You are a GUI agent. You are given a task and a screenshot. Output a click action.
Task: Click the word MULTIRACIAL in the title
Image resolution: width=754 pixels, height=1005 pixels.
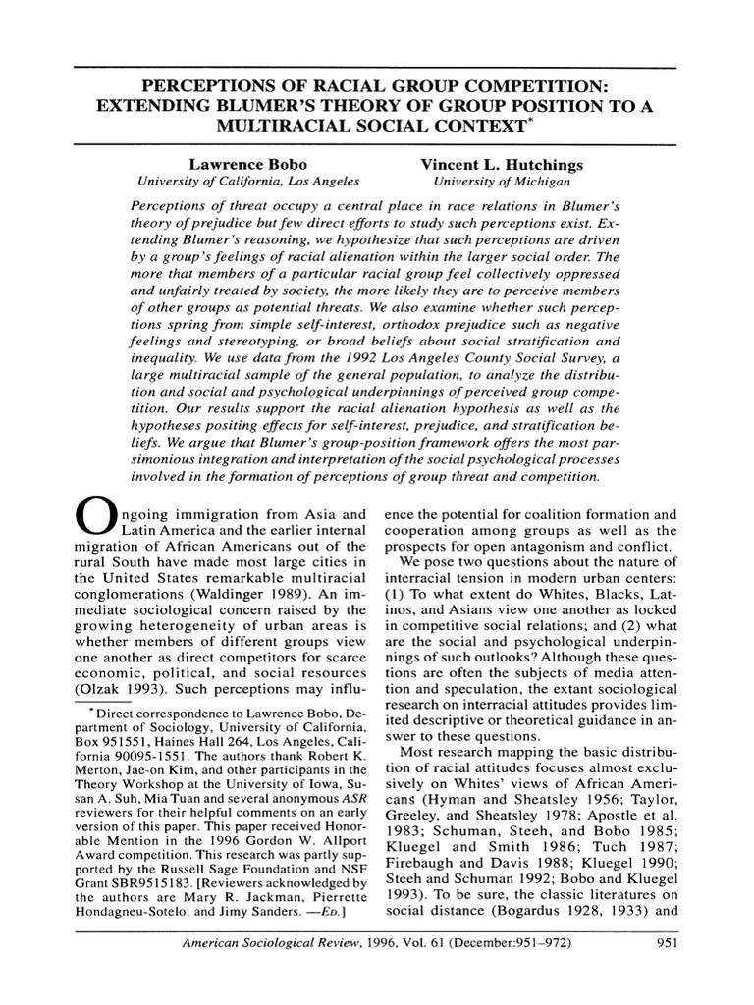coord(286,128)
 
